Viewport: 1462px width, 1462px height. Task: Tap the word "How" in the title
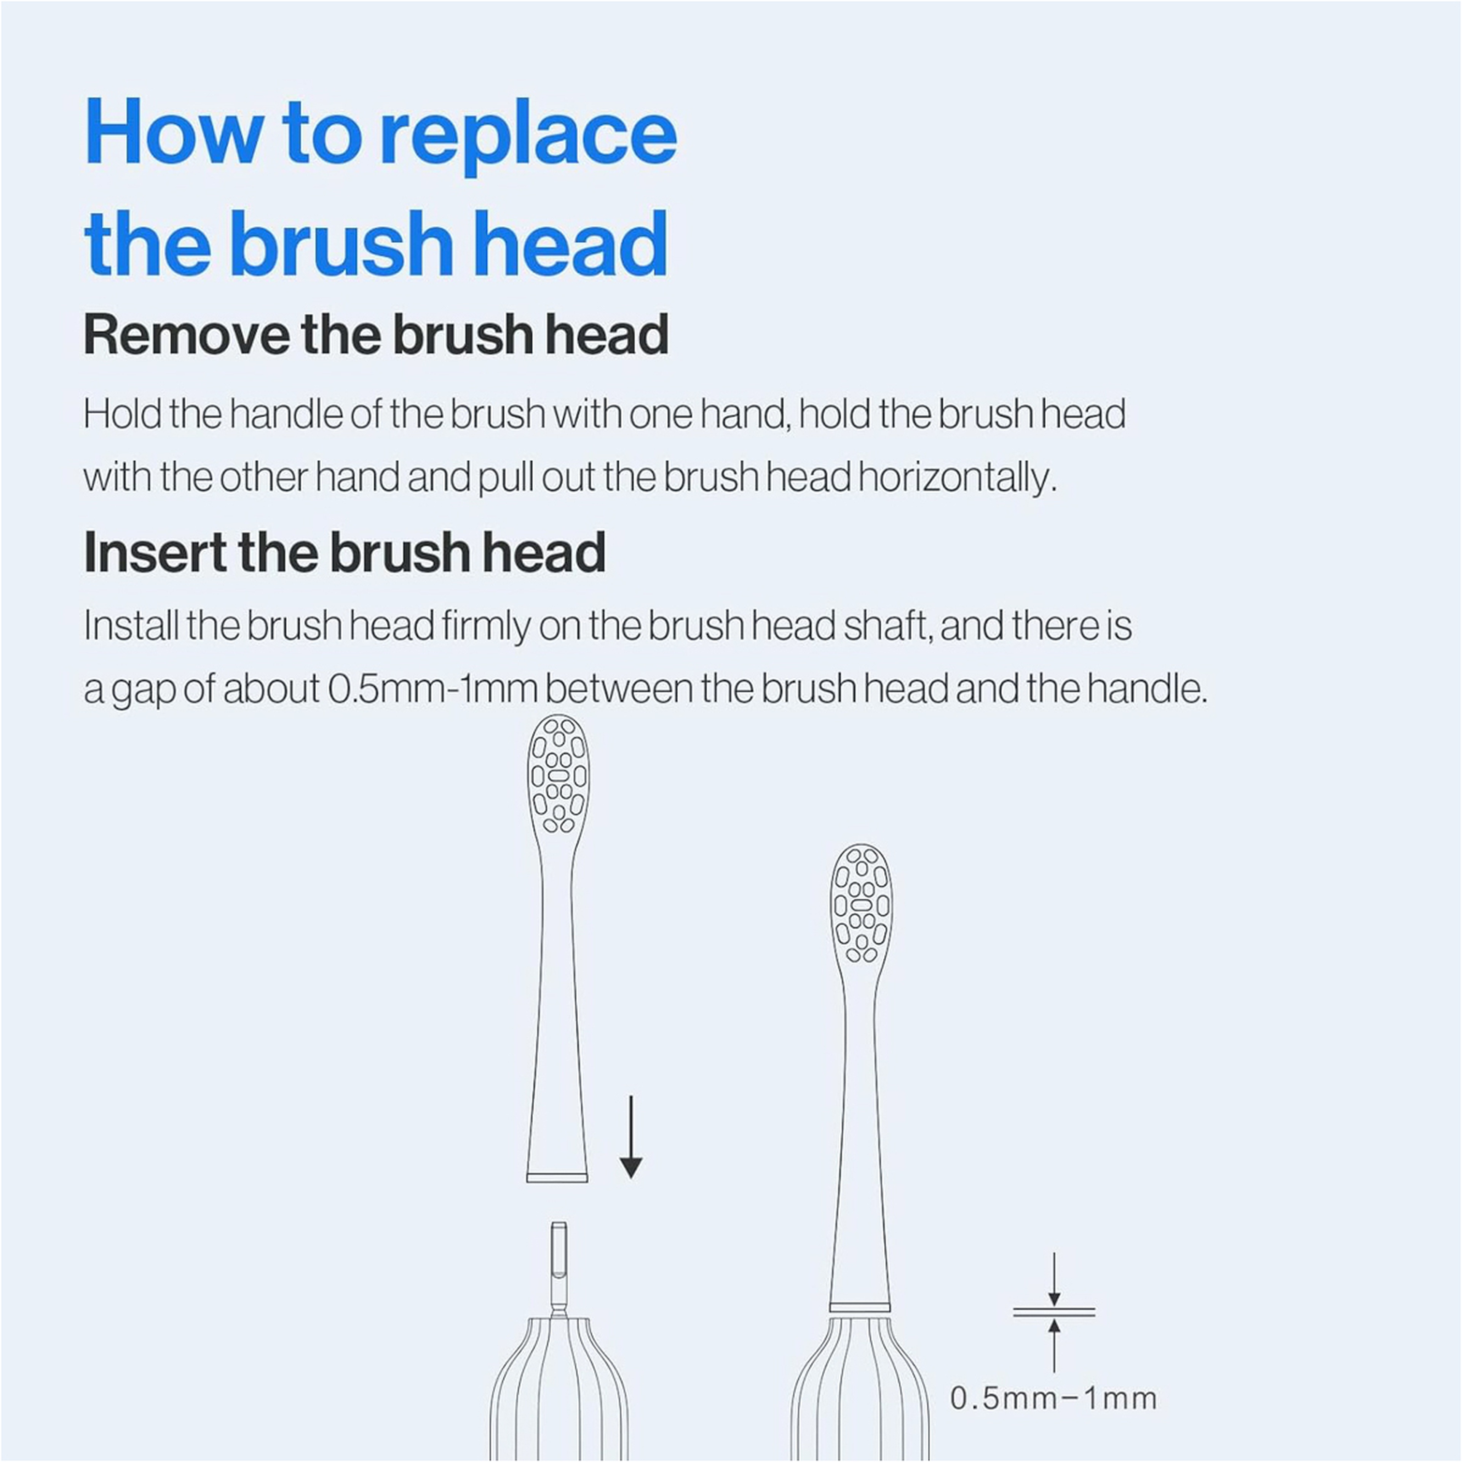(x=174, y=130)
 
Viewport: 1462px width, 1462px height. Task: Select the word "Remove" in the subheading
(x=186, y=335)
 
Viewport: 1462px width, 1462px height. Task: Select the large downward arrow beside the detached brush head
(x=630, y=1136)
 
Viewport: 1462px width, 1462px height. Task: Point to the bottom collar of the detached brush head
(x=557, y=1178)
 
